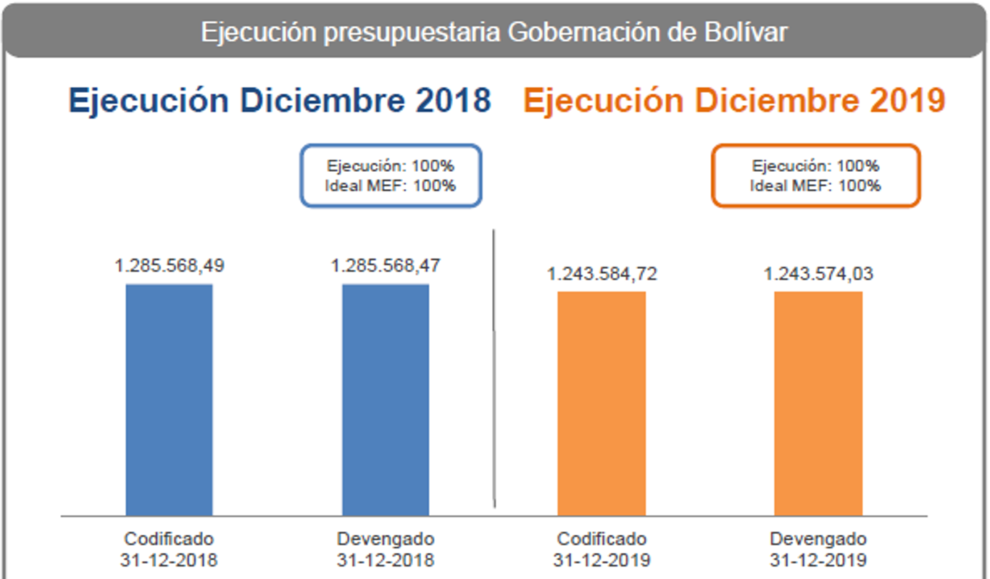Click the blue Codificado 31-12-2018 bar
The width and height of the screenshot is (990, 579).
169,399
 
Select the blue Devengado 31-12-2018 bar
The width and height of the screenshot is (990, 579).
386,399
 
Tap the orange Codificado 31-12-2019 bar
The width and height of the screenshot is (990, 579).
602,403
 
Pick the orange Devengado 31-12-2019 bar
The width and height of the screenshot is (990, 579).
818,403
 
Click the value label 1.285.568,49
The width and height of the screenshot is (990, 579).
169,266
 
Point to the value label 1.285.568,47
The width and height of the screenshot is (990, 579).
386,266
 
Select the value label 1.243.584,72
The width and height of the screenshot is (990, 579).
602,274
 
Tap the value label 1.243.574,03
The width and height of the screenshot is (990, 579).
818,274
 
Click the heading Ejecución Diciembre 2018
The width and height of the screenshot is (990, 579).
280,101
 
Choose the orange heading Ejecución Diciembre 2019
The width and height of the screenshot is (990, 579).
734,101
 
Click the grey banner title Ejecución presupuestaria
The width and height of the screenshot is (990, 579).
494,33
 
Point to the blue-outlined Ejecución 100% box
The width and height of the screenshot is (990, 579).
391,175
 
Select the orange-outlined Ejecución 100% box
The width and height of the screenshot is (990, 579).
815,175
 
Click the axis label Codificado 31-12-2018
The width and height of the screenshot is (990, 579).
169,549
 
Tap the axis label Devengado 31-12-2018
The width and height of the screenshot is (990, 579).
386,549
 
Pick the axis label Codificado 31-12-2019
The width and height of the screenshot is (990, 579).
602,549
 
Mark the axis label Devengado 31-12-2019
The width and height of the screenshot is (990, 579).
818,549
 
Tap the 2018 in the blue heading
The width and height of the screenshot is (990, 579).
454,101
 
